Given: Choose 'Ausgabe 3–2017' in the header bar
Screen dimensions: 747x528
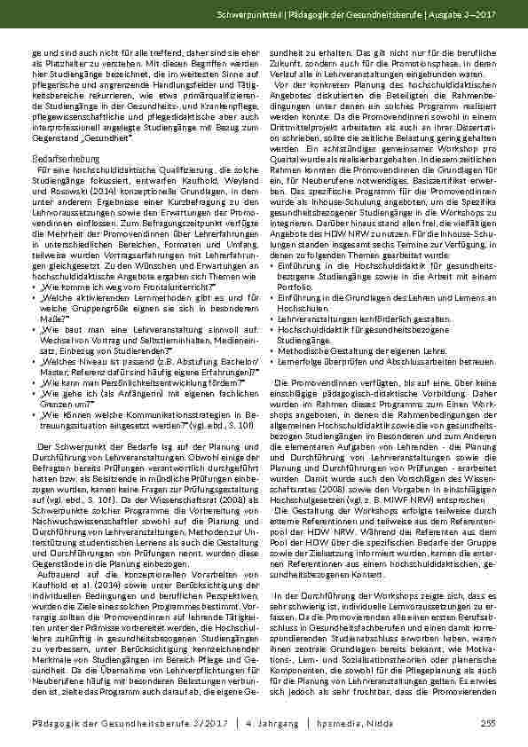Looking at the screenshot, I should coord(468,19).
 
